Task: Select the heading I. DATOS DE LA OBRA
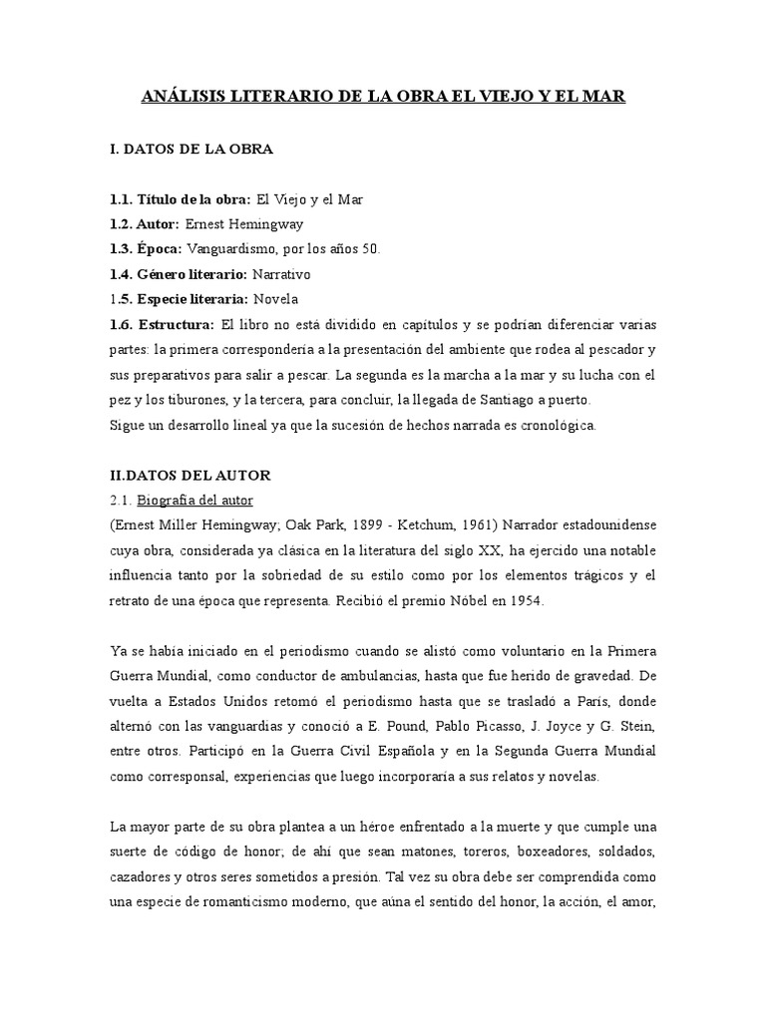click(191, 150)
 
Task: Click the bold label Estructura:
click(177, 325)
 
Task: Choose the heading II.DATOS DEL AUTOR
click(190, 476)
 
